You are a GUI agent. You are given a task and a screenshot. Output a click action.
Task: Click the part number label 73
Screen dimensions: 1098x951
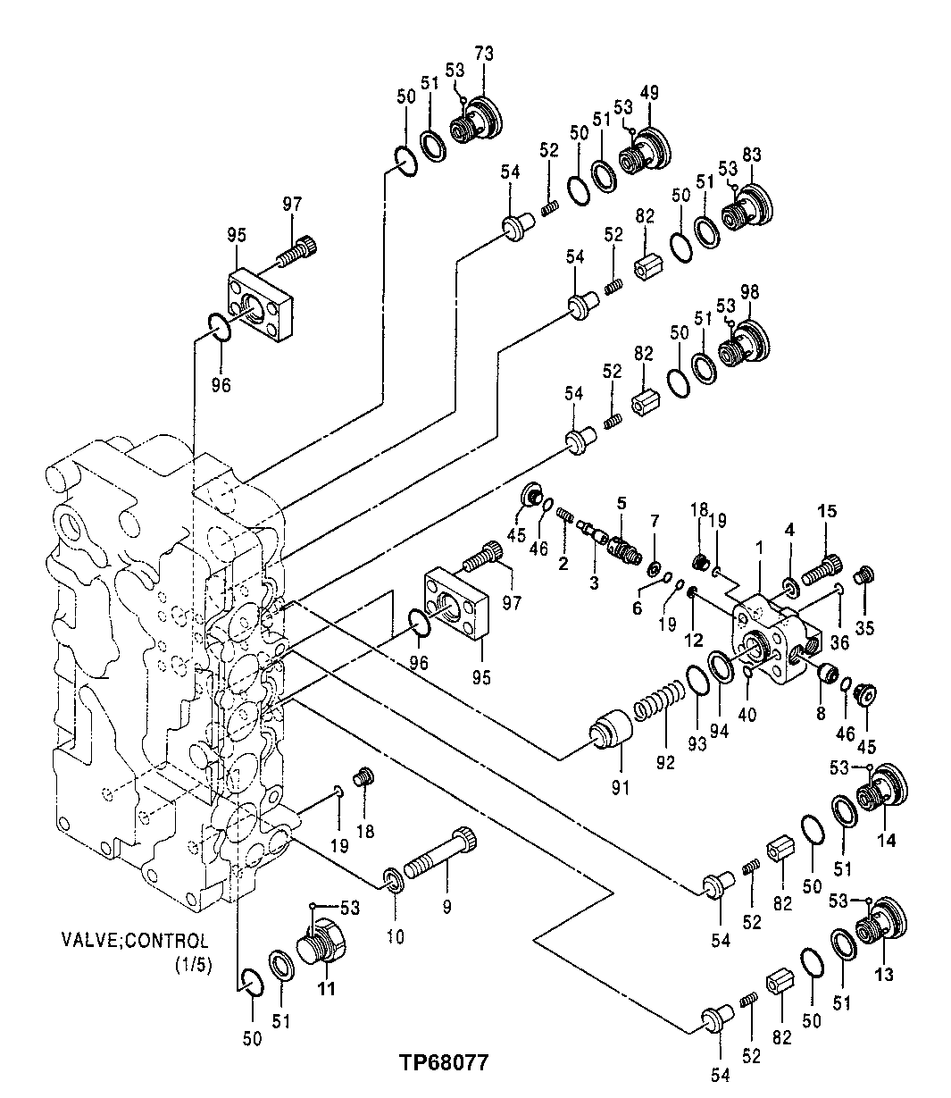click(483, 54)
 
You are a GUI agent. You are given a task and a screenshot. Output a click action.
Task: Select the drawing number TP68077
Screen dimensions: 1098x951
click(444, 1063)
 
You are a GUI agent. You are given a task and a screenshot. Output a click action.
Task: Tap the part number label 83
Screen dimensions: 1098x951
click(752, 154)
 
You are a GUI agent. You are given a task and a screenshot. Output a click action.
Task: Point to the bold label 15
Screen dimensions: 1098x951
click(827, 511)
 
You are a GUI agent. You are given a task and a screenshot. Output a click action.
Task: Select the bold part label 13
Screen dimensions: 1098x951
click(883, 974)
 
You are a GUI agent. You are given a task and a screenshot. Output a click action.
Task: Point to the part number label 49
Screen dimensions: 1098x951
click(650, 92)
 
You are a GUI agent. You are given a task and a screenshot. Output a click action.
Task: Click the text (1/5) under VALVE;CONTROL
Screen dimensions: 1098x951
click(193, 966)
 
